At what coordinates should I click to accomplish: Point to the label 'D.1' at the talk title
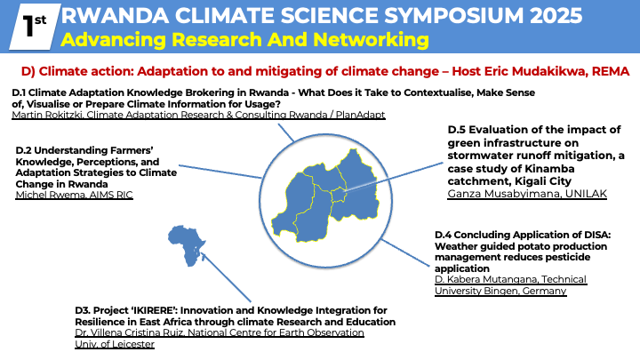[19, 93]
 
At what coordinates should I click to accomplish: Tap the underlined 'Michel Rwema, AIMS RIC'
[75, 195]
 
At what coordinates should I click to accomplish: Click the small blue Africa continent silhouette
[187, 246]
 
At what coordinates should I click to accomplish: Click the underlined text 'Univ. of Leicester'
[115, 345]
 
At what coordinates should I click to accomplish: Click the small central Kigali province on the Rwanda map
[339, 195]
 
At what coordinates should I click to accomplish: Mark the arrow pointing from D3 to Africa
[226, 277]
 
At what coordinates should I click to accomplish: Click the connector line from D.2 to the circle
[220, 172]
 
